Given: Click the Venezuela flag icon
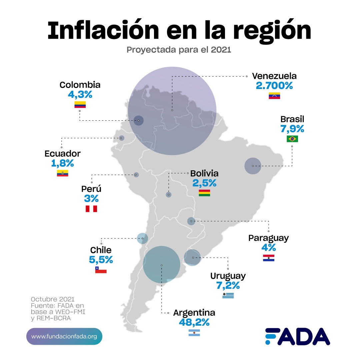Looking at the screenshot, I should (274, 96).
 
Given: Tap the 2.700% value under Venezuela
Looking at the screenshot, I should (274, 86).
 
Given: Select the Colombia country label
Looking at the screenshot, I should (80, 85).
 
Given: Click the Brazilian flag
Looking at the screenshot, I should (292, 139).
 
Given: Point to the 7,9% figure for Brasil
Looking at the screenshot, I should (292, 129).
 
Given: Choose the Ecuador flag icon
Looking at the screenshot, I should (62, 173).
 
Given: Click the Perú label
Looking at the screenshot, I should (91, 189).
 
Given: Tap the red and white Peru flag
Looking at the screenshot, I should (91, 209).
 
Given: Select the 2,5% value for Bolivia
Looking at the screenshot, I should (204, 183).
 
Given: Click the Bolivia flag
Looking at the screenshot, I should (204, 193).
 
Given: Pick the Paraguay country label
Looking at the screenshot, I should (268, 238).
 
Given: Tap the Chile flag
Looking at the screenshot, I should (101, 270).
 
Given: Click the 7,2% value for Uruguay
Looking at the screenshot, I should (228, 286).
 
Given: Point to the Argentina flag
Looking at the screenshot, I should (194, 332).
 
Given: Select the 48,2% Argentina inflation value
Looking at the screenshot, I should (194, 323).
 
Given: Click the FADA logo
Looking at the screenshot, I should (297, 336).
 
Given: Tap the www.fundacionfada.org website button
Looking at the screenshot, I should (64, 336).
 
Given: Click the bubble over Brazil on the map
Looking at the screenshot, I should (253, 166).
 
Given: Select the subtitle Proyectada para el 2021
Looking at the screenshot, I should (179, 50).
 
